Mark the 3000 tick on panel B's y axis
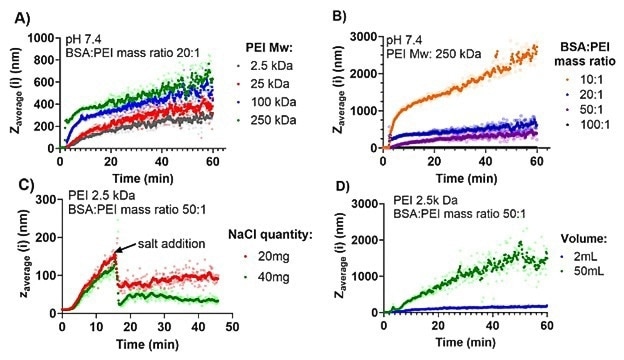tap(359, 37)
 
